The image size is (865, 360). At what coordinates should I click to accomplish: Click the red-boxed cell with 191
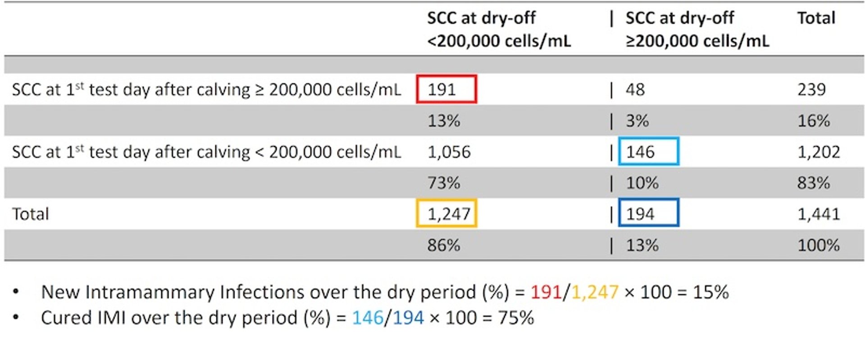446,89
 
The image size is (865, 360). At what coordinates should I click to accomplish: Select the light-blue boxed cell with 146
648,152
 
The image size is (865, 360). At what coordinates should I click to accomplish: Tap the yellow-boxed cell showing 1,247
446,214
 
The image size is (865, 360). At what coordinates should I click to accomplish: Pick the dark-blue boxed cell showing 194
648,214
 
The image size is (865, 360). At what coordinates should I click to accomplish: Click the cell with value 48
635,89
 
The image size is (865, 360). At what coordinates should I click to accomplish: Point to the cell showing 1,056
449,152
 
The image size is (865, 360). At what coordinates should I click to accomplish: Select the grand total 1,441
818,214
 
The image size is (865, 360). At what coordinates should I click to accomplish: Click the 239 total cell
811,89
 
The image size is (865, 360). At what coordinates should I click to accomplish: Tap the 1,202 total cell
818,152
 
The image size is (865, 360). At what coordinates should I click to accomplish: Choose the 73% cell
443,183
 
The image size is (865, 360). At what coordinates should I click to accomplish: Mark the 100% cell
818,245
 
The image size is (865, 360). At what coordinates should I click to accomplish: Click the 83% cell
813,183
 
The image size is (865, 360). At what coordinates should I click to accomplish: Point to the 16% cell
813,121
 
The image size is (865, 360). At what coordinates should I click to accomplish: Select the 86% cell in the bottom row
443,245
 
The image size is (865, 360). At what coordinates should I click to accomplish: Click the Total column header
816,18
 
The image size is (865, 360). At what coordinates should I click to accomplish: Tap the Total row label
30,214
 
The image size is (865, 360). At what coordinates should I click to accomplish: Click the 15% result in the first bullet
710,292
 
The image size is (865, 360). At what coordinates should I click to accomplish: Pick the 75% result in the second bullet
516,318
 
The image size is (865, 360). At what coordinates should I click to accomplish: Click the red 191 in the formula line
546,292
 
